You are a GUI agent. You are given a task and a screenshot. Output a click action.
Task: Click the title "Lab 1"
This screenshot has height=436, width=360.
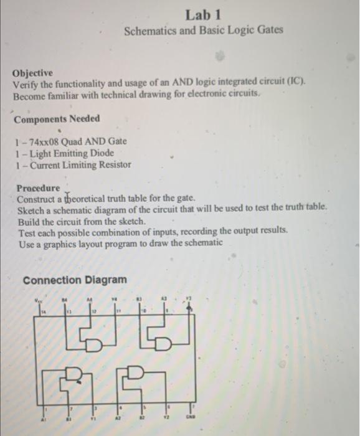tap(203, 14)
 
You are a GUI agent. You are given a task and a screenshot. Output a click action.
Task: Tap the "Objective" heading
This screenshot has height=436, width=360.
tap(33, 73)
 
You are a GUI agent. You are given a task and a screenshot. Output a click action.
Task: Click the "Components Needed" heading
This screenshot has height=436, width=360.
tap(57, 119)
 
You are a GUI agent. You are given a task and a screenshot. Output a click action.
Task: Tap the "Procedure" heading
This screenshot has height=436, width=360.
tap(39, 188)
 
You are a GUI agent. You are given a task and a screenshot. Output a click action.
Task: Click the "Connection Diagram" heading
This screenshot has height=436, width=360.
tap(74, 280)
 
